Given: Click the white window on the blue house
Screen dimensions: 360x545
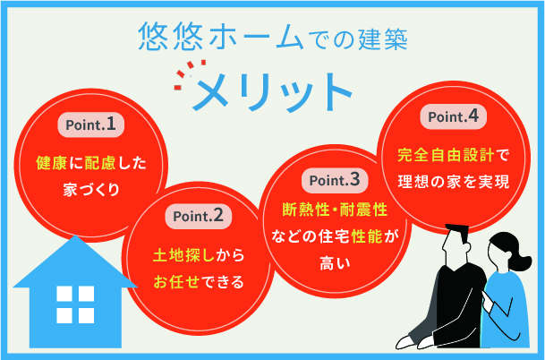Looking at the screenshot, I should tap(73, 304).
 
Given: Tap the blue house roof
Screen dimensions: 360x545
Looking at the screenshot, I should tap(72, 260).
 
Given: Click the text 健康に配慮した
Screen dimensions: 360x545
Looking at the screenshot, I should tap(89, 165).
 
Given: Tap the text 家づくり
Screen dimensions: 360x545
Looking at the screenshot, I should tap(89, 191).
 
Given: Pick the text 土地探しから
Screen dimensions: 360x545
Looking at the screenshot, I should tap(198, 257).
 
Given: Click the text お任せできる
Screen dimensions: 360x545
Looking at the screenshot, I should tap(198, 283).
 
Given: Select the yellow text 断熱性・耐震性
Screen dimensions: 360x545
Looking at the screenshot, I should tap(332, 210).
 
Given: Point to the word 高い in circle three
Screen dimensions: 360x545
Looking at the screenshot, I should tap(332, 262).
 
